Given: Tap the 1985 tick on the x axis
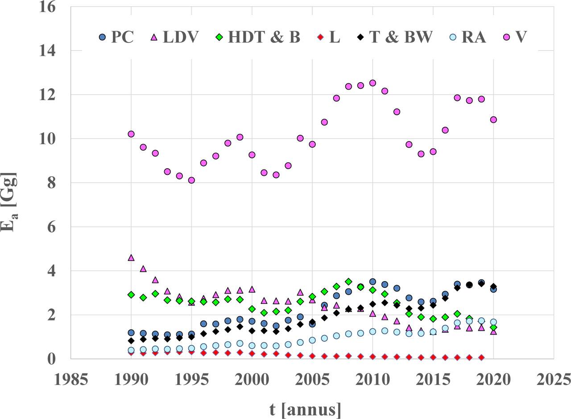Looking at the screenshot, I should coord(70,380).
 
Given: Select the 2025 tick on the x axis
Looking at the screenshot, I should coord(554,380).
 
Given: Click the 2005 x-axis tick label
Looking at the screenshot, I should coord(312,380).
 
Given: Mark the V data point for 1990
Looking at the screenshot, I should coord(131,134).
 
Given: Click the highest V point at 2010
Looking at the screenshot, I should coord(372,83).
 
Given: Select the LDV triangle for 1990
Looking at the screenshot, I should coord(131,257).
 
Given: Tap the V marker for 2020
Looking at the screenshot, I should coord(493,120).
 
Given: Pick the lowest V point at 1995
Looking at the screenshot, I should coord(191,180).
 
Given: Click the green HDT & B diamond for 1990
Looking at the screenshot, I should coord(131,295).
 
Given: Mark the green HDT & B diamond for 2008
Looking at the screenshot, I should coord(348,282).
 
